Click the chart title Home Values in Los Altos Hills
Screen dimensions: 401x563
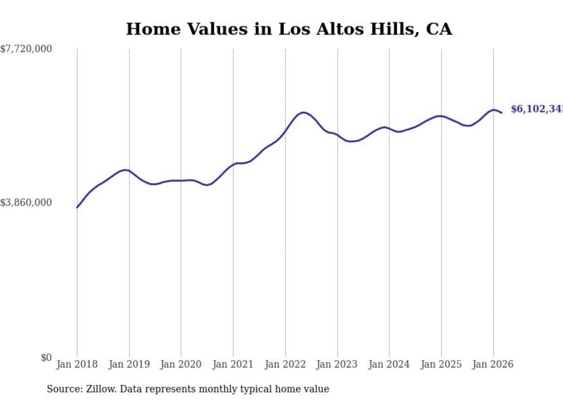point(288,29)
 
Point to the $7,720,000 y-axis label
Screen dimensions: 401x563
point(26,49)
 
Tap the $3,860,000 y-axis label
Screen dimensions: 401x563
point(26,203)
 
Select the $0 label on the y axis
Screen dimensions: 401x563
point(46,358)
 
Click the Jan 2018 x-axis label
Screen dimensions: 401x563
point(77,364)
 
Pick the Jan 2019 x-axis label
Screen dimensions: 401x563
point(129,364)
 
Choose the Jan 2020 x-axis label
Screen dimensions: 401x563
point(181,364)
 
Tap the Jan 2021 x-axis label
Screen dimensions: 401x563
point(233,364)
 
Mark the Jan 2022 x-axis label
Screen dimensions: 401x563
point(285,364)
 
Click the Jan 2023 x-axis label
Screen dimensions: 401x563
point(337,364)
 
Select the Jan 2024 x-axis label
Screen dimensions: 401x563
point(389,364)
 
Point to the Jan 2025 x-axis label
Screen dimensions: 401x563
point(441,364)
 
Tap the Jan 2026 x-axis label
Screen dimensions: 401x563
point(493,364)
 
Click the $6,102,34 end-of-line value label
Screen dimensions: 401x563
point(537,109)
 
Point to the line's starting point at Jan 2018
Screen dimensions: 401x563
point(77,207)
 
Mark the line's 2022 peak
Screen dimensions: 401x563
point(303,112)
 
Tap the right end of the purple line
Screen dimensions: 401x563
point(502,112)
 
